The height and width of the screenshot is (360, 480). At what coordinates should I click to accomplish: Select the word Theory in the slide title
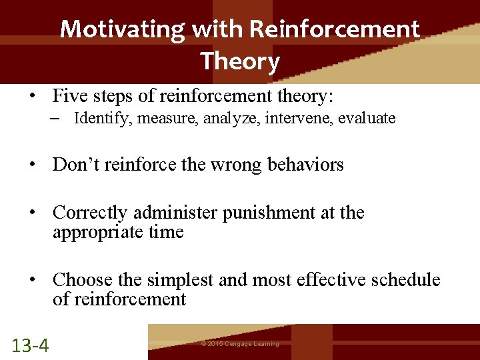[240, 61]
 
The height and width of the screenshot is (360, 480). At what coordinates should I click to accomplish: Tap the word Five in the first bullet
[70, 97]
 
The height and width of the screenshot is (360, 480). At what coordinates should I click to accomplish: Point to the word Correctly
[90, 213]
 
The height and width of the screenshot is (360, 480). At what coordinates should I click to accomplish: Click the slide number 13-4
[30, 345]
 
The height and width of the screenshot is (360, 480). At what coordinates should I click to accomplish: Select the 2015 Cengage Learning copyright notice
[240, 344]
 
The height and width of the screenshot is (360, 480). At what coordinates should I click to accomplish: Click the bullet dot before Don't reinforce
[33, 165]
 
